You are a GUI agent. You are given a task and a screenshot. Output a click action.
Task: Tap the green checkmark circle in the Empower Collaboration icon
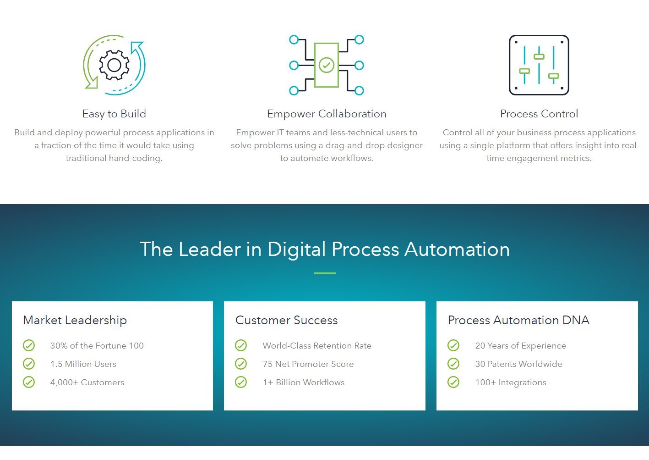327,65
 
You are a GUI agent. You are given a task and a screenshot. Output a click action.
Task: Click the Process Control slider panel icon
539,65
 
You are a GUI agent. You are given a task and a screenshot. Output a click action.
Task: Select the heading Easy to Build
114,114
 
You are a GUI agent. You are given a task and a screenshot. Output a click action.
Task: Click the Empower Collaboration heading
327,114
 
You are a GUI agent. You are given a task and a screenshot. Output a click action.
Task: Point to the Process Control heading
539,114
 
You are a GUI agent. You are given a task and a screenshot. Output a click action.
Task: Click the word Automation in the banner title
457,249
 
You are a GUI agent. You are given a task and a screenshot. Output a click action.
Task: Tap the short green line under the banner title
325,273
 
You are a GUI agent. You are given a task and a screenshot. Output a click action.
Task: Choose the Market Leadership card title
75,320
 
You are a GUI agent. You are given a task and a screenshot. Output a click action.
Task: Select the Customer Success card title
287,320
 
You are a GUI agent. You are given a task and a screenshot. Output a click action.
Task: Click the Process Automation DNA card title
518,320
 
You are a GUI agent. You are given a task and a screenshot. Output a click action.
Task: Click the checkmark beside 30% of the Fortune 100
29,345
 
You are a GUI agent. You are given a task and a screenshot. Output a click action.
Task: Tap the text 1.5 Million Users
83,364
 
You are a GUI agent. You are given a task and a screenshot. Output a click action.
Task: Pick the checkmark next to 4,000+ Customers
29,382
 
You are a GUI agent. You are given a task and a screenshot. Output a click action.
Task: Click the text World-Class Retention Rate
317,346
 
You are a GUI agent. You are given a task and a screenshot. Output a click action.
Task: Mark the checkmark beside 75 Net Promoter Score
241,364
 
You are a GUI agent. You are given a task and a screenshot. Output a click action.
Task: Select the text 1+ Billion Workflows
304,382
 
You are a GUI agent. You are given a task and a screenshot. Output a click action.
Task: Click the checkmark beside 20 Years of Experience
453,345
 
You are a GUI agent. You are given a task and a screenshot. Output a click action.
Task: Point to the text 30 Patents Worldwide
518,364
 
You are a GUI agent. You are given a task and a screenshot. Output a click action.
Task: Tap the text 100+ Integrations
511,382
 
